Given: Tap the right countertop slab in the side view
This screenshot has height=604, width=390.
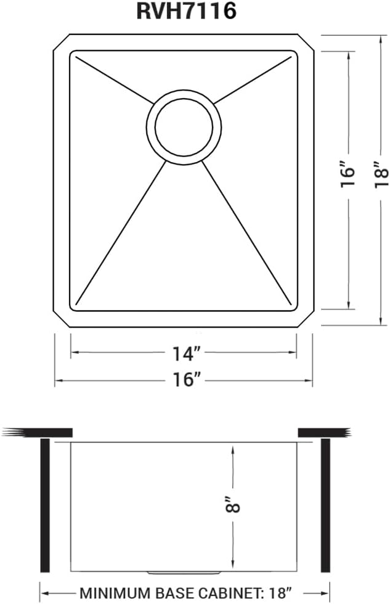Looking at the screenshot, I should tap(324, 432).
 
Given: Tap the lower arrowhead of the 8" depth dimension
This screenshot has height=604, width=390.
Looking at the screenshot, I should tap(232, 567).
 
